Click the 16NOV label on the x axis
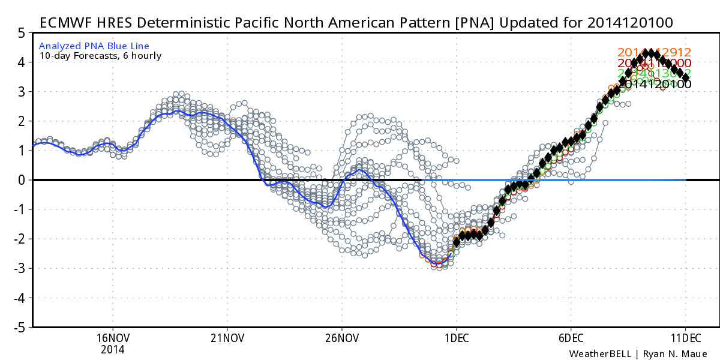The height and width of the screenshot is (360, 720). click(113, 337)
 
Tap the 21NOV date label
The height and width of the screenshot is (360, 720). click(227, 337)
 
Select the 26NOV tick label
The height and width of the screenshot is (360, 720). click(341, 337)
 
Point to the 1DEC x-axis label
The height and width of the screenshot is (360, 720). click(456, 337)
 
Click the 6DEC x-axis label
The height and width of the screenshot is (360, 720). click(570, 337)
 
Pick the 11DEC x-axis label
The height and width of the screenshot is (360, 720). click(685, 337)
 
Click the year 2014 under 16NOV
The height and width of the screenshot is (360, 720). click(113, 349)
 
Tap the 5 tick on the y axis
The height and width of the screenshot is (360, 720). click(20, 33)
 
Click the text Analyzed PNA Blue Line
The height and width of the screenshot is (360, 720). click(94, 46)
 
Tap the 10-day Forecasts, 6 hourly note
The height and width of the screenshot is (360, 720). click(100, 56)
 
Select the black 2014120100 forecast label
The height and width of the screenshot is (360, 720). click(655, 85)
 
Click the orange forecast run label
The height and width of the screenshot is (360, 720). click(655, 53)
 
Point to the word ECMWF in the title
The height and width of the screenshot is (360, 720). click(65, 23)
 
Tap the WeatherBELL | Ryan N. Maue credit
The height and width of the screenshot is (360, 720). click(638, 353)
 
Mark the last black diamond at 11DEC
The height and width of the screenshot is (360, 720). click(686, 77)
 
